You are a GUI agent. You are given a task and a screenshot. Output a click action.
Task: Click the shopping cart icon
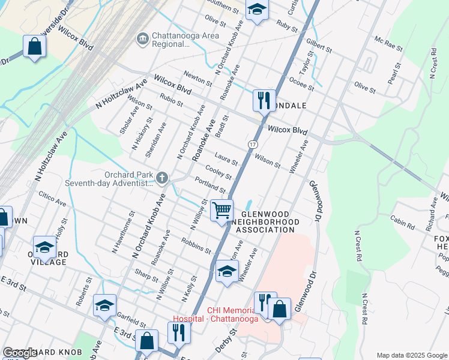[222, 211]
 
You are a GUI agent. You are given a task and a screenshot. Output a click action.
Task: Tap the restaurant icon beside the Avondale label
[264, 100]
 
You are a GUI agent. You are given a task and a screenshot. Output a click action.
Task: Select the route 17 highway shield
[253, 145]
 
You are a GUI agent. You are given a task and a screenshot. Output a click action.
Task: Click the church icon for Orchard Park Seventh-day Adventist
[161, 177]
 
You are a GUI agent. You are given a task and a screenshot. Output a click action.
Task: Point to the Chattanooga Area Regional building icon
[142, 40]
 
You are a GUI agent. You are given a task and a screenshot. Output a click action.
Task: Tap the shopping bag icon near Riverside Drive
[35, 46]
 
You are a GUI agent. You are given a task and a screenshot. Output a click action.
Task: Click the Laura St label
[226, 160]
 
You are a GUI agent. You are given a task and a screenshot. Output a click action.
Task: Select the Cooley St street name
[218, 172]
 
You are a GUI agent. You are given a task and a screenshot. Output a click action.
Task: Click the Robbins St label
[196, 245]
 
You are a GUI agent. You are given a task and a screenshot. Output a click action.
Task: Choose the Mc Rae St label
[386, 43]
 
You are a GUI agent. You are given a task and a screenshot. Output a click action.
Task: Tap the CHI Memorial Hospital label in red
[215, 314]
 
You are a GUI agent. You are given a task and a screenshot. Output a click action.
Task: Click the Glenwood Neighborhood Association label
[266, 222]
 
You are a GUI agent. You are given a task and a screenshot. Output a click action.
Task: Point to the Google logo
[20, 353]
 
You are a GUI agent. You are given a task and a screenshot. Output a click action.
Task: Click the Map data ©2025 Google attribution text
[411, 355]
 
